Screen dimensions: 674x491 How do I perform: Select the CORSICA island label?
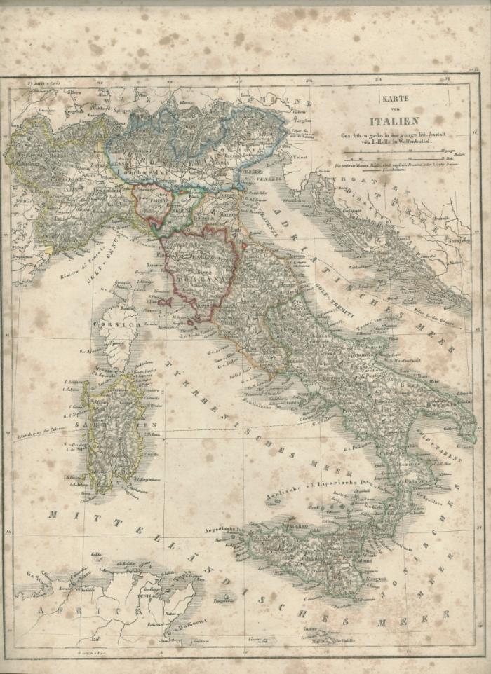point(114,326)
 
